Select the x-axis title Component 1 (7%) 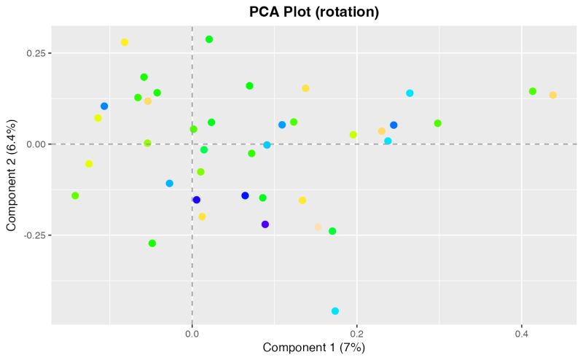point(313,348)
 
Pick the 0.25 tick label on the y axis point(34,53)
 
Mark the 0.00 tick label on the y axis point(34,144)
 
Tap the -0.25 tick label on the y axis point(33,235)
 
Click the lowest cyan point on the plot point(335,311)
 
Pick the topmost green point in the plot point(209,39)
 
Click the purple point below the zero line point(265,224)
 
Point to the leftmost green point point(75,195)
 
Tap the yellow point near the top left point(125,42)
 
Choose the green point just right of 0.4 point(533,91)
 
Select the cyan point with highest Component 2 point(410,93)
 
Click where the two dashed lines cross point(192,144)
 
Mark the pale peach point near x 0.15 point(318,227)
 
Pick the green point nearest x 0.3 point(438,123)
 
